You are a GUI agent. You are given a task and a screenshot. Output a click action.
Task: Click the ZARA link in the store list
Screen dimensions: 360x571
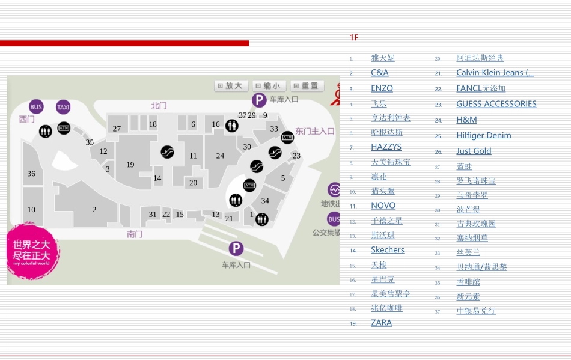coord(381,323)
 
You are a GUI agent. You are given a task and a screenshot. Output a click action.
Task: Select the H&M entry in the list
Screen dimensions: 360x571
coord(466,120)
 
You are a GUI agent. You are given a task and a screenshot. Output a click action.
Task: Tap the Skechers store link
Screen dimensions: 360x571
coord(387,250)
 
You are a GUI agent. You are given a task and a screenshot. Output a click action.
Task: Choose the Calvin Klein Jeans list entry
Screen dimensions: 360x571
coord(495,73)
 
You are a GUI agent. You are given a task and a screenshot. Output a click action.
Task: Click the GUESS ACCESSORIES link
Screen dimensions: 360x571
coord(496,104)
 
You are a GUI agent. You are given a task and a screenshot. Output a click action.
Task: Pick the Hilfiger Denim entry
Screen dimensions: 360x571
coord(483,136)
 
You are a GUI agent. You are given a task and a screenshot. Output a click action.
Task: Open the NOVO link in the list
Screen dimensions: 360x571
coord(383,206)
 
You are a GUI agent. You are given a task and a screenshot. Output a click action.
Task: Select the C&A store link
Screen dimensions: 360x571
coord(379,73)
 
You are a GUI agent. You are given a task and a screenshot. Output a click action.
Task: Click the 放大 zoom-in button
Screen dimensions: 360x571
coord(231,86)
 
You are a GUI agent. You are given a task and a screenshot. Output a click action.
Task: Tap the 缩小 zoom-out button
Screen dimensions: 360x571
coord(269,86)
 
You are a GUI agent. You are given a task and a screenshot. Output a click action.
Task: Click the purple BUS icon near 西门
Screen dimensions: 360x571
coord(37,107)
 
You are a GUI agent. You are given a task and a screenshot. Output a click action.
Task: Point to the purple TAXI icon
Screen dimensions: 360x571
coord(63,107)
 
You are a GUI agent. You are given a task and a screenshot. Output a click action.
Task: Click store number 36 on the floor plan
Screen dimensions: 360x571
coord(31,174)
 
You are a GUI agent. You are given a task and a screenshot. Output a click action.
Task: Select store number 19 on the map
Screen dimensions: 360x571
coord(130,165)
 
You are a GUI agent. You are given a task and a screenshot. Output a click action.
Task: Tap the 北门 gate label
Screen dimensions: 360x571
coord(159,106)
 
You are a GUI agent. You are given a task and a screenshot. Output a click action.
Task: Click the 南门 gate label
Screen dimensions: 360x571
coord(135,234)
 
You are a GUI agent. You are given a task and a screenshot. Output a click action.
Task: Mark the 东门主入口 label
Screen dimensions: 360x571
coord(315,131)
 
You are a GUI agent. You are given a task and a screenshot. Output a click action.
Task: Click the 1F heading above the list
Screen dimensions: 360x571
coord(354,38)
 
